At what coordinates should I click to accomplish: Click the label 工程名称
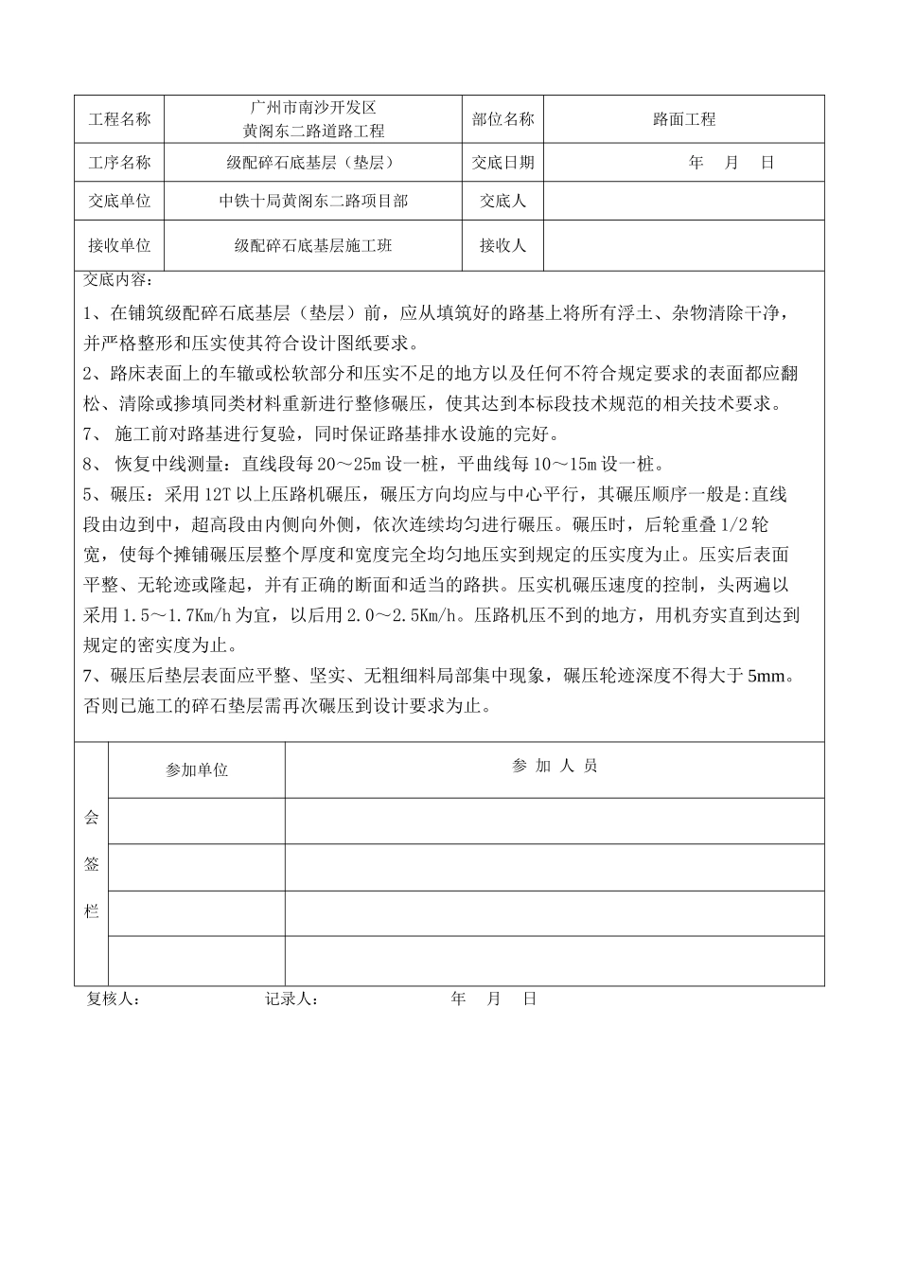(x=119, y=120)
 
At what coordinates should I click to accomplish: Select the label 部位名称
(x=502, y=120)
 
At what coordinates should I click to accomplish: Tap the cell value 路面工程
(x=684, y=120)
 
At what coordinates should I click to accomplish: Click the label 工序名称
(x=119, y=163)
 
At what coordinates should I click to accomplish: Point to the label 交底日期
(x=502, y=163)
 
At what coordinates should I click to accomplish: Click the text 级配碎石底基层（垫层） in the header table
(x=312, y=163)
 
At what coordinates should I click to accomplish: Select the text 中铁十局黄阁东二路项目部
(x=312, y=202)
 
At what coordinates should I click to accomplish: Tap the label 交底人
(x=502, y=202)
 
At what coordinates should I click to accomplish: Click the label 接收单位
(x=119, y=246)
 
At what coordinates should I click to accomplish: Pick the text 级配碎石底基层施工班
(x=312, y=246)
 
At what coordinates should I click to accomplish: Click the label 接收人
(x=502, y=246)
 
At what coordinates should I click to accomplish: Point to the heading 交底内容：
(x=117, y=280)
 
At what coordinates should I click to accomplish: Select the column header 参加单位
(x=197, y=770)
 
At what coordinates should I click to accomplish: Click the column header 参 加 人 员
(x=555, y=767)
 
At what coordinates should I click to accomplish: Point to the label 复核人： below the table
(x=114, y=999)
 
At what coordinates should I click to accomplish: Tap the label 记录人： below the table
(x=291, y=999)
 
